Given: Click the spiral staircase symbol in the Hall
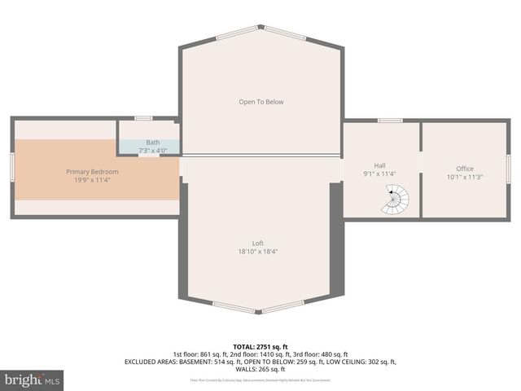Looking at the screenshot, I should tap(396, 200).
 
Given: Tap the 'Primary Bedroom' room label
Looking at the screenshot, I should tap(92, 172).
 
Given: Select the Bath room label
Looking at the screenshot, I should tap(153, 143).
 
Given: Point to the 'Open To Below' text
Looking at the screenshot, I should tap(260, 102).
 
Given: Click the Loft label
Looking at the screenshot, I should tap(258, 244).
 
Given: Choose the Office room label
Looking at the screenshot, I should tap(464, 169).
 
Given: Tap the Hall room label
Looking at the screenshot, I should tap(379, 165).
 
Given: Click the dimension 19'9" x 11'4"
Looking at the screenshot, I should tap(92, 181).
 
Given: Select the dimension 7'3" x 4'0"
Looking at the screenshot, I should tap(153, 151).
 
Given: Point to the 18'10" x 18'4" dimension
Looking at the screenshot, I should tap(258, 252).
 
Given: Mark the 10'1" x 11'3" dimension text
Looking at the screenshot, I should tap(464, 178).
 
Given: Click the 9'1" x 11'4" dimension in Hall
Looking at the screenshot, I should tap(379, 174).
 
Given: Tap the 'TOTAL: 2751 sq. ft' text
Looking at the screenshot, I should tap(260, 347).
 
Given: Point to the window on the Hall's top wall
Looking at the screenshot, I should tap(390, 121).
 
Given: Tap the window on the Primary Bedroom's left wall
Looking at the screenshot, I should tap(12, 169).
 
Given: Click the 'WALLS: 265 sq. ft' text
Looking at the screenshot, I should tap(260, 369).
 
